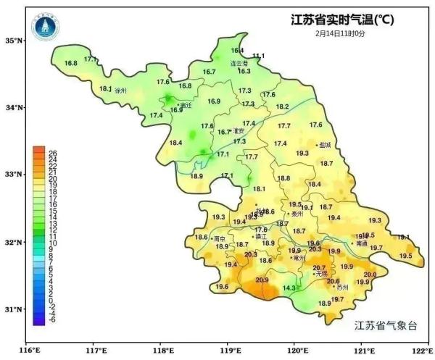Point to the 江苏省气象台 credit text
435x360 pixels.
point(386,325)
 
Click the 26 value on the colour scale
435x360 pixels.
point(52,152)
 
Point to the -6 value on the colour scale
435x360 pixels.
point(52,319)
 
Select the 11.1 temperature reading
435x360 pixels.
point(258,56)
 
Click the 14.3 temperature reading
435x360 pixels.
point(289,288)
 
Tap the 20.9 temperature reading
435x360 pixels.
point(262,280)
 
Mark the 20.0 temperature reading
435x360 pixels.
point(370,275)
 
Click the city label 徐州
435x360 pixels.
point(120,91)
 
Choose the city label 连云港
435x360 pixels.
point(239,64)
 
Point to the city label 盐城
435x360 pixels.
point(324,145)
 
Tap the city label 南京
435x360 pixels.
point(220,238)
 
